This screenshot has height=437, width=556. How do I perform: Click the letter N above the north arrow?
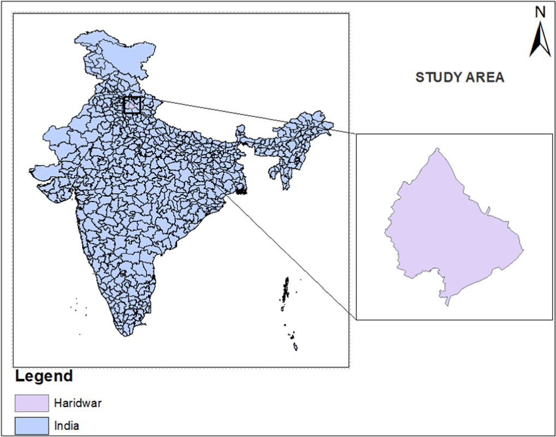tap(540, 12)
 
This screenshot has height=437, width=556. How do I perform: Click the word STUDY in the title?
tap(435, 78)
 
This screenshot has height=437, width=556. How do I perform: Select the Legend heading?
tap(44, 376)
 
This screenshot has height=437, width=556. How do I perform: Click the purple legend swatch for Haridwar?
tap(32, 404)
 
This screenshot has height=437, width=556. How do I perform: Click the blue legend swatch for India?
tap(32, 424)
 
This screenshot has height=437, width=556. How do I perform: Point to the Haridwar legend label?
tap(78, 404)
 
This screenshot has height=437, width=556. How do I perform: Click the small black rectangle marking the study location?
tap(132, 104)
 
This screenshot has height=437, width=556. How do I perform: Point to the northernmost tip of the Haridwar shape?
tap(437, 149)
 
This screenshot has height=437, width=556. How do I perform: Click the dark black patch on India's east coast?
tap(241, 191)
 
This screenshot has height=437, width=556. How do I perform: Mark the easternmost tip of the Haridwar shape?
tap(523, 251)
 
